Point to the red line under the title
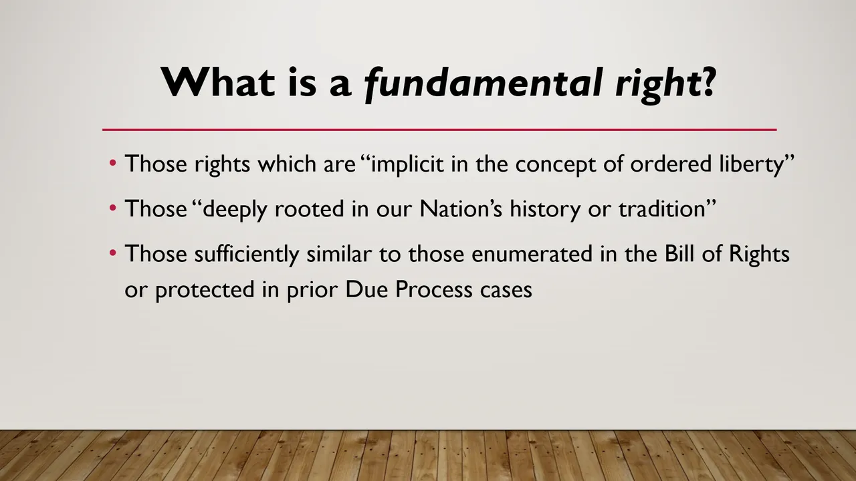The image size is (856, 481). (x=439, y=130)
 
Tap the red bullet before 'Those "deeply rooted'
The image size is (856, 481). (x=112, y=208)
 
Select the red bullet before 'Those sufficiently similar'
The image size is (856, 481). (x=112, y=253)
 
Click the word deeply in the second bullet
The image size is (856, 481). (x=235, y=210)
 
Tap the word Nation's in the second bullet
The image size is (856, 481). (x=461, y=209)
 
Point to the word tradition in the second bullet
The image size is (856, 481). (x=662, y=209)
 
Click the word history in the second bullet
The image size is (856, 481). (x=545, y=210)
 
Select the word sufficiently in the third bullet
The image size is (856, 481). (x=247, y=255)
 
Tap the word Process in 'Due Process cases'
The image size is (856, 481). (x=434, y=290)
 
